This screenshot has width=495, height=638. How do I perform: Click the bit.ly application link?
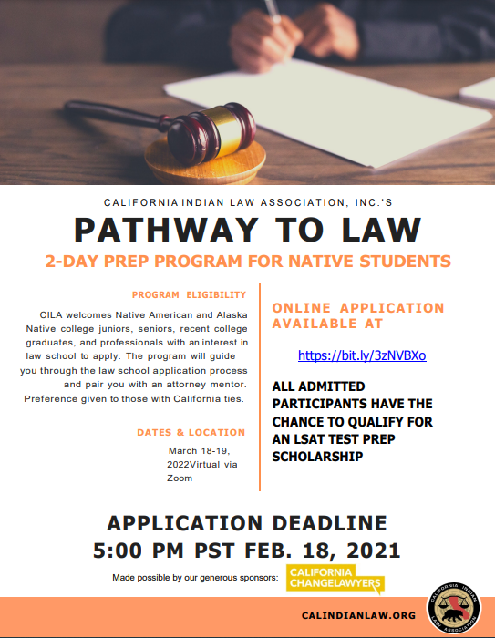[x=362, y=355]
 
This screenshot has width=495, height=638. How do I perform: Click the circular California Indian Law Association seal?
[x=454, y=603]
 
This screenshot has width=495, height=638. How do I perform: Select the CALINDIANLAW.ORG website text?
[x=358, y=616]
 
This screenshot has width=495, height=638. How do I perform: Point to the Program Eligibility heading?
[x=189, y=294]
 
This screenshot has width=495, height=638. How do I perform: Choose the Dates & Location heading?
[x=191, y=432]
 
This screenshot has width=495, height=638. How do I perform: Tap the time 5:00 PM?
[x=140, y=550]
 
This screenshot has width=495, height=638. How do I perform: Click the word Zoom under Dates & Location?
[x=180, y=478]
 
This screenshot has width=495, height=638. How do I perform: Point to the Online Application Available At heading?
[x=358, y=315]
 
